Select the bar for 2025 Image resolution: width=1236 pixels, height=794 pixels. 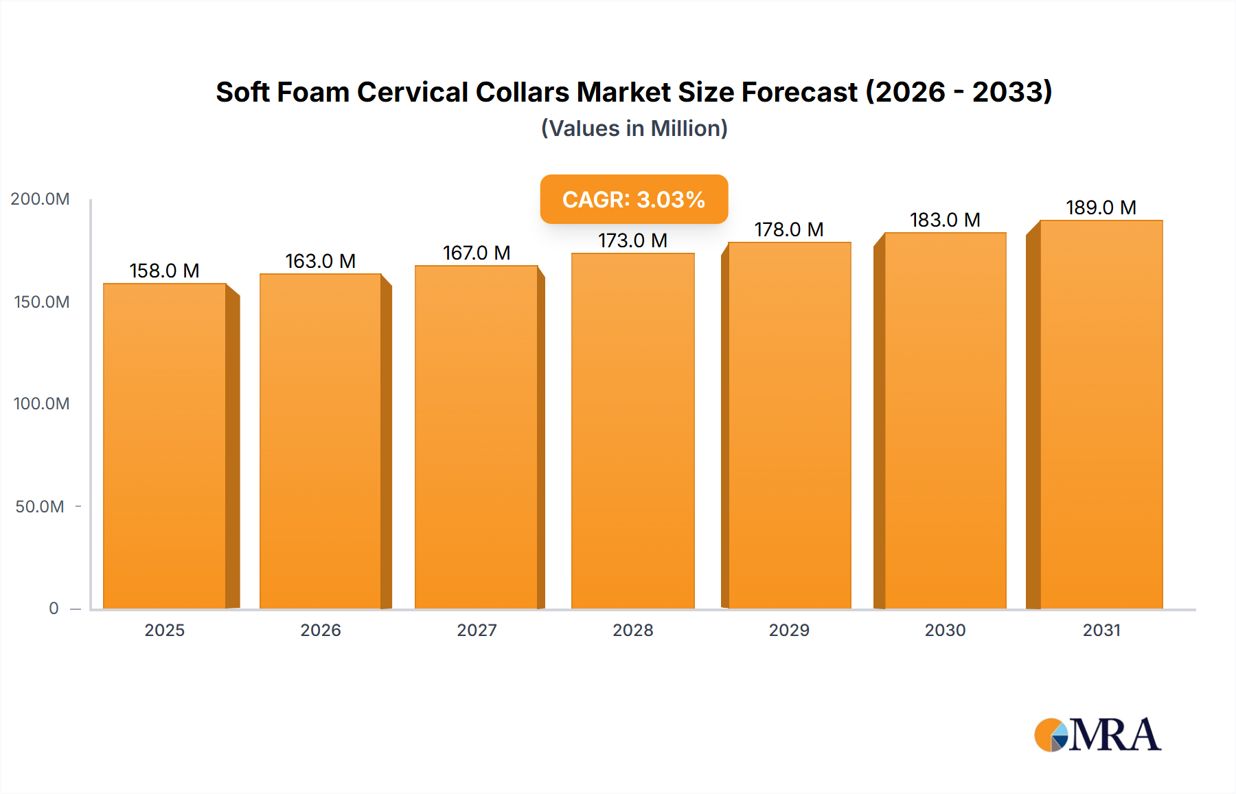pos(165,446)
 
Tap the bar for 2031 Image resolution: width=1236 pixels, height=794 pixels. pos(1101,415)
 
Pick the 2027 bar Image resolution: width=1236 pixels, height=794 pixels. pos(476,438)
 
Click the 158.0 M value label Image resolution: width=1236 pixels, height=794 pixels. pos(164,271)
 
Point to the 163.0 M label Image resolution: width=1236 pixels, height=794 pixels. pos(320,261)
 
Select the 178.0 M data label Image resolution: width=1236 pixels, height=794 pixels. pos(788,229)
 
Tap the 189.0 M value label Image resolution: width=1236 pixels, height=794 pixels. pos(1101,207)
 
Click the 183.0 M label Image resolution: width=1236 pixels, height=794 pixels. pos(945,220)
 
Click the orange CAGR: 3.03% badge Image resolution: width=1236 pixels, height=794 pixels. pos(634,199)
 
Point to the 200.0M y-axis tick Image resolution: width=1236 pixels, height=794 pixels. pos(40,199)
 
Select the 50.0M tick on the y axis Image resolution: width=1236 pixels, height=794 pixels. pos(40,507)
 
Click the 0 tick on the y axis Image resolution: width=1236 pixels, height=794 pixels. pos(54,609)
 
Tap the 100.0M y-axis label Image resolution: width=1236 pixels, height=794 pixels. pos(41,404)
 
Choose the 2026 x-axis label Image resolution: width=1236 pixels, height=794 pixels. pos(321,631)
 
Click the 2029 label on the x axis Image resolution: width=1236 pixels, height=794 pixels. pos(789,631)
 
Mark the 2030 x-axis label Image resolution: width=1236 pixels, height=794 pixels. pos(945,631)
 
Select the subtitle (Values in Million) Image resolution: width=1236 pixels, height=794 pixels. pos(634,128)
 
